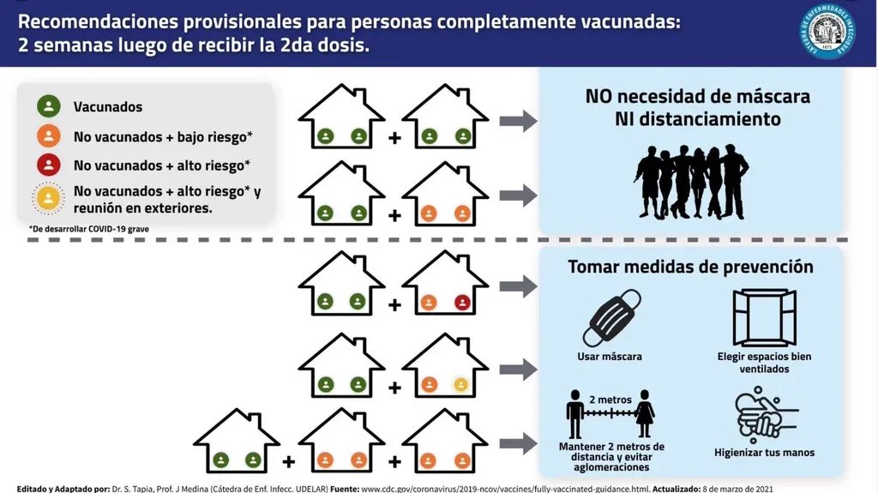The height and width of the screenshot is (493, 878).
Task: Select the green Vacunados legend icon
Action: point(49,107)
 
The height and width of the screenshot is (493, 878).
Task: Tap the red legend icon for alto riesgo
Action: point(49,165)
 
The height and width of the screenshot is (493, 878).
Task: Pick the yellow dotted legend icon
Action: point(49,198)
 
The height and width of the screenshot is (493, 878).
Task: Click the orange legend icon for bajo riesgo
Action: point(49,135)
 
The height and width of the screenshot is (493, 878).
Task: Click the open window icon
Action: point(764,318)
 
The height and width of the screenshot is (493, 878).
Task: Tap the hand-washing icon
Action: point(764,416)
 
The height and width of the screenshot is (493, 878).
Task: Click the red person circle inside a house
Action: point(463,301)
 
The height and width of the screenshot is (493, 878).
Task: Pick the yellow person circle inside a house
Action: point(461,384)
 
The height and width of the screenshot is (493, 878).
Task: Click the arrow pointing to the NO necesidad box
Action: point(518,121)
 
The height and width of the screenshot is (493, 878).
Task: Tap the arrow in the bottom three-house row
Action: point(518,443)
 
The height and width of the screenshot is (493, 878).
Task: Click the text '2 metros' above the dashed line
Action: point(610,400)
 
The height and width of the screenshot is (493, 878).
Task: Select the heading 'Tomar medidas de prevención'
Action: point(690,267)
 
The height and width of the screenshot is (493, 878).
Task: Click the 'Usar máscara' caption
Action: point(610,356)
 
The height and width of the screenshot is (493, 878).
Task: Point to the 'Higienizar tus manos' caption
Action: point(764,452)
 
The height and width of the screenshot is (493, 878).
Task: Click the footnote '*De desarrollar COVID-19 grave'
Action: point(78,229)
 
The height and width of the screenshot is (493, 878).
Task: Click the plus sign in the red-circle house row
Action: point(394,304)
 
